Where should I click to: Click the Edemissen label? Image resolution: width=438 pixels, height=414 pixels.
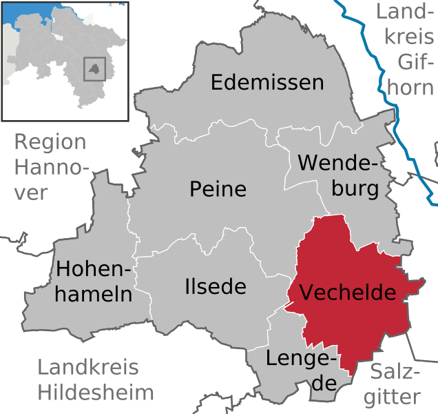point(267,83)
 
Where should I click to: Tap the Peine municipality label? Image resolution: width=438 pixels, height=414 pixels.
point(218,189)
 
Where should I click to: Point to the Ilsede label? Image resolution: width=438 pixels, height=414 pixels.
point(215,286)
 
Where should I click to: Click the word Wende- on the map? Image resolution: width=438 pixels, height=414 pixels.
point(338,164)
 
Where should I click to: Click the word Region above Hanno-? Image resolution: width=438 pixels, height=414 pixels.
point(50,143)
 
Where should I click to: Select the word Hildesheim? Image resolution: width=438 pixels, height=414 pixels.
point(96,393)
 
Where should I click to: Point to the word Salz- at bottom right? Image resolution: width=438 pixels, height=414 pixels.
point(396,371)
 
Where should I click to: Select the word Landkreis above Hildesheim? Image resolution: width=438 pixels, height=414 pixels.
point(87,368)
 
